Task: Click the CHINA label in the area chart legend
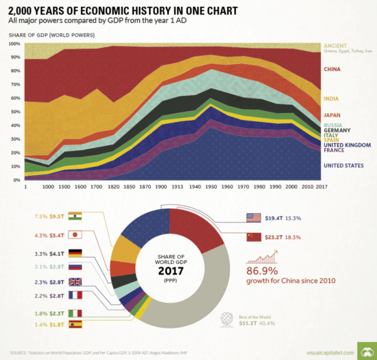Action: (332, 68)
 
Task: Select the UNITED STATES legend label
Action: (343, 166)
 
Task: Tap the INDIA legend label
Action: (331, 99)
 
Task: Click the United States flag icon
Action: (253, 218)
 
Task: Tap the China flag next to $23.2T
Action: (253, 237)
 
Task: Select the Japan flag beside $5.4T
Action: (75, 235)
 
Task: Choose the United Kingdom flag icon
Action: (75, 282)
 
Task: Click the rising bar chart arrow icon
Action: (262, 256)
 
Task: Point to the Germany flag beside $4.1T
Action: (75, 254)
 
